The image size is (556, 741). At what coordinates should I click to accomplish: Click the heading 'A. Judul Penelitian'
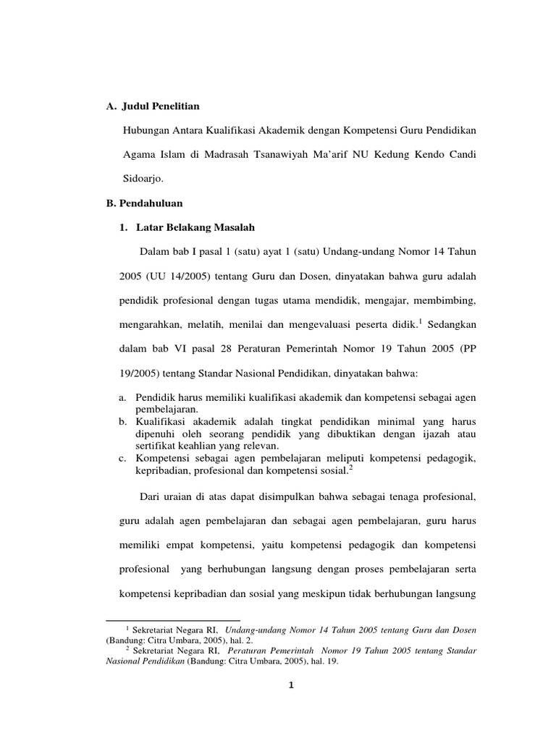pos(152,106)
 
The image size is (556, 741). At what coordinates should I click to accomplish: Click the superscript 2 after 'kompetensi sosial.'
pos(350,467)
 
